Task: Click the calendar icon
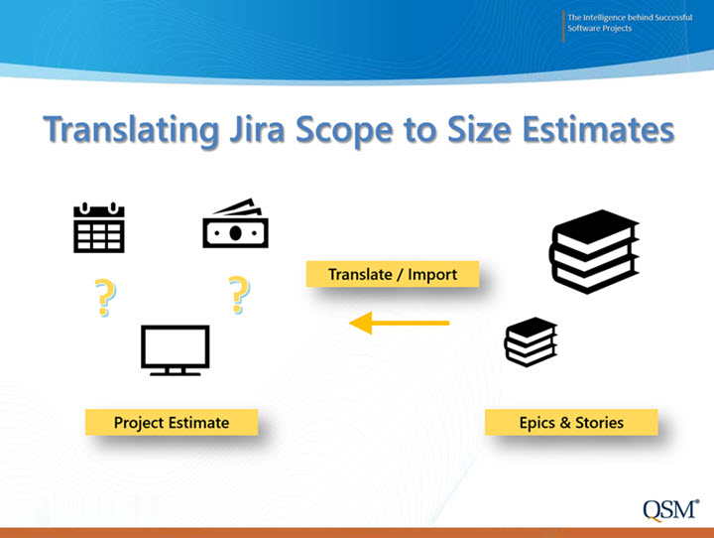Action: tap(99, 227)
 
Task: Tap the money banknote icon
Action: tap(235, 223)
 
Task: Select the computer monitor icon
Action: tap(176, 350)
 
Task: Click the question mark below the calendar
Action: tap(105, 297)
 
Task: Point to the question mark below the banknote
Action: tap(239, 295)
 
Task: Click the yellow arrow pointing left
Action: tap(400, 323)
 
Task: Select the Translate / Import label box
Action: tap(393, 274)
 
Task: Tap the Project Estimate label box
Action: tap(172, 422)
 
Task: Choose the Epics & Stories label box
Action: tap(571, 422)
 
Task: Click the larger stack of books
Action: tap(594, 252)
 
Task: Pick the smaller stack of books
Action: tap(531, 341)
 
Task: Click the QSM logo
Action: tap(671, 510)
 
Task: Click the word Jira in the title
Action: tap(257, 129)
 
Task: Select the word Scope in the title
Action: tap(344, 131)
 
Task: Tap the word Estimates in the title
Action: tap(598, 129)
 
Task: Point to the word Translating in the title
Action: tap(131, 131)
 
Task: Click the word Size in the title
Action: tap(479, 129)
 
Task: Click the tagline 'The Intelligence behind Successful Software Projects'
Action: tap(630, 23)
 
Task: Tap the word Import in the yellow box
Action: tap(432, 275)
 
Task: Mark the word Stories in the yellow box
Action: tap(599, 423)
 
